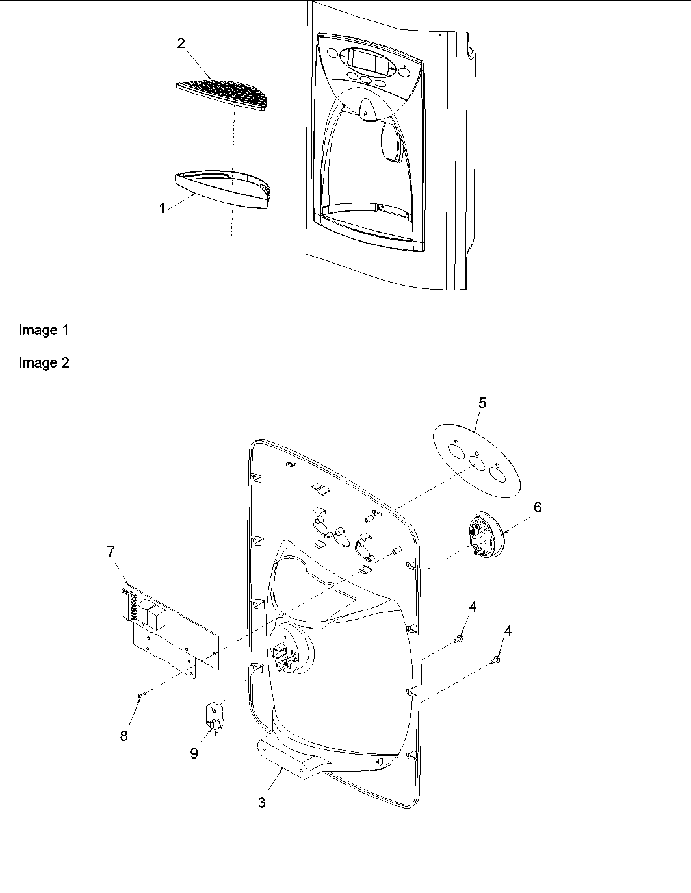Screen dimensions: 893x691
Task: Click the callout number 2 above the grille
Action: [x=181, y=44]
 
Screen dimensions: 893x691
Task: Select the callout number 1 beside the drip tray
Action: [x=162, y=208]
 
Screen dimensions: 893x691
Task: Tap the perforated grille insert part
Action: [x=221, y=95]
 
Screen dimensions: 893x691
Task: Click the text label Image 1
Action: [x=43, y=330]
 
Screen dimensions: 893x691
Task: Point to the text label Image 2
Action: [x=43, y=363]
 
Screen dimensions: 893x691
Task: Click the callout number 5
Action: [x=482, y=403]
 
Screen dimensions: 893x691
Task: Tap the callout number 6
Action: [x=538, y=507]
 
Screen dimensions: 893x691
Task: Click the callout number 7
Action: [x=111, y=551]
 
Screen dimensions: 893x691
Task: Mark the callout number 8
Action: [x=124, y=736]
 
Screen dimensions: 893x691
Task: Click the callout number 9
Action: [x=194, y=753]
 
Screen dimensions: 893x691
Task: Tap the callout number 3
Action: [x=261, y=803]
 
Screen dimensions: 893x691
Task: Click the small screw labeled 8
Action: [x=140, y=696]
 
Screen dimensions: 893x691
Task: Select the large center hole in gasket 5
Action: [x=477, y=462]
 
